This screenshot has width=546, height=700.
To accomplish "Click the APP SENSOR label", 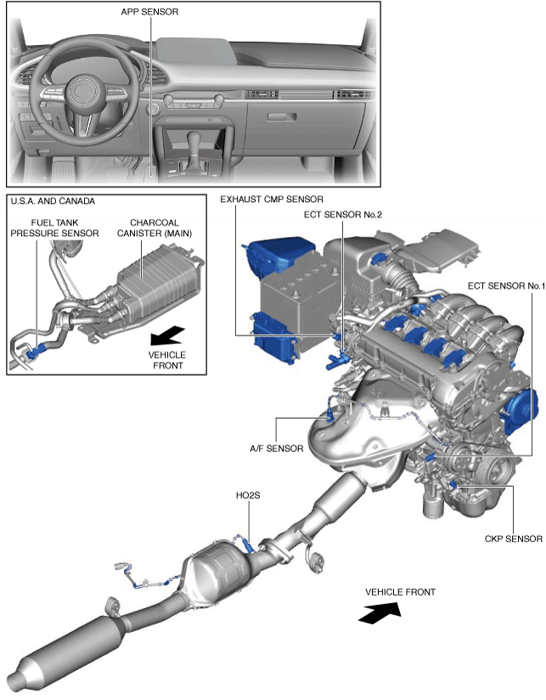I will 150,12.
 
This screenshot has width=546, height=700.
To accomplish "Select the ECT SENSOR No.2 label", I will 343,215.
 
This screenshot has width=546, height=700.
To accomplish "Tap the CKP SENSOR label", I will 513,538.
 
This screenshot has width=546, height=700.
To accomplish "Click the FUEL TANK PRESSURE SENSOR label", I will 48,225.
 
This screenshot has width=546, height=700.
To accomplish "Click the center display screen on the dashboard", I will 196,51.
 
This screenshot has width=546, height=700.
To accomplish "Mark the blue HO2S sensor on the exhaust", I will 246,536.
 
